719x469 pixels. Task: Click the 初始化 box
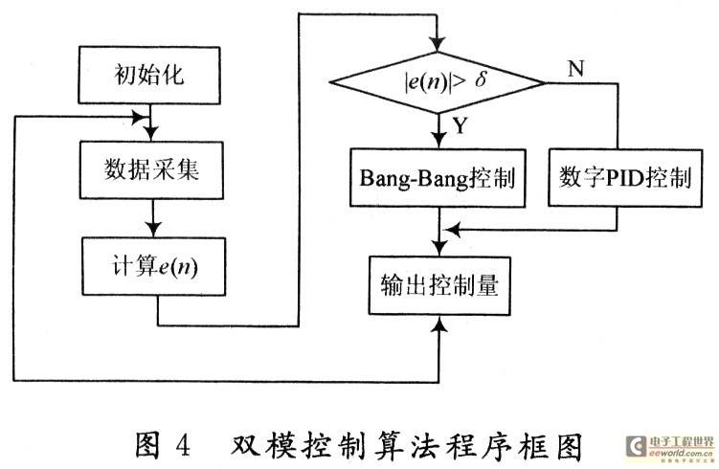click(149, 76)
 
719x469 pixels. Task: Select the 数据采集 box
click(151, 169)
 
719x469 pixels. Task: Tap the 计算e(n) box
click(153, 266)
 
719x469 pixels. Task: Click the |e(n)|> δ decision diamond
click(438, 82)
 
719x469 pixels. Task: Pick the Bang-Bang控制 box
click(438, 178)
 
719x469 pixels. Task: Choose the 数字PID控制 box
click(625, 178)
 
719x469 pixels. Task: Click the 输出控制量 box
click(439, 285)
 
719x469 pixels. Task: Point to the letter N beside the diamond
click(576, 69)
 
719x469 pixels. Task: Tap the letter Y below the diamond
click(460, 125)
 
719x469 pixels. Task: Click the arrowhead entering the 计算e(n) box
click(153, 230)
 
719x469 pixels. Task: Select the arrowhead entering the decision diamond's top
click(438, 44)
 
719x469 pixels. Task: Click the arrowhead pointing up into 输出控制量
click(440, 324)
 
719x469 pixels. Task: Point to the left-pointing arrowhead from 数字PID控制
click(453, 230)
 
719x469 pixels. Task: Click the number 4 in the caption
click(183, 444)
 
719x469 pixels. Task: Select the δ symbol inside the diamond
click(481, 80)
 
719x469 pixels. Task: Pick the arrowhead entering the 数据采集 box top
click(150, 133)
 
